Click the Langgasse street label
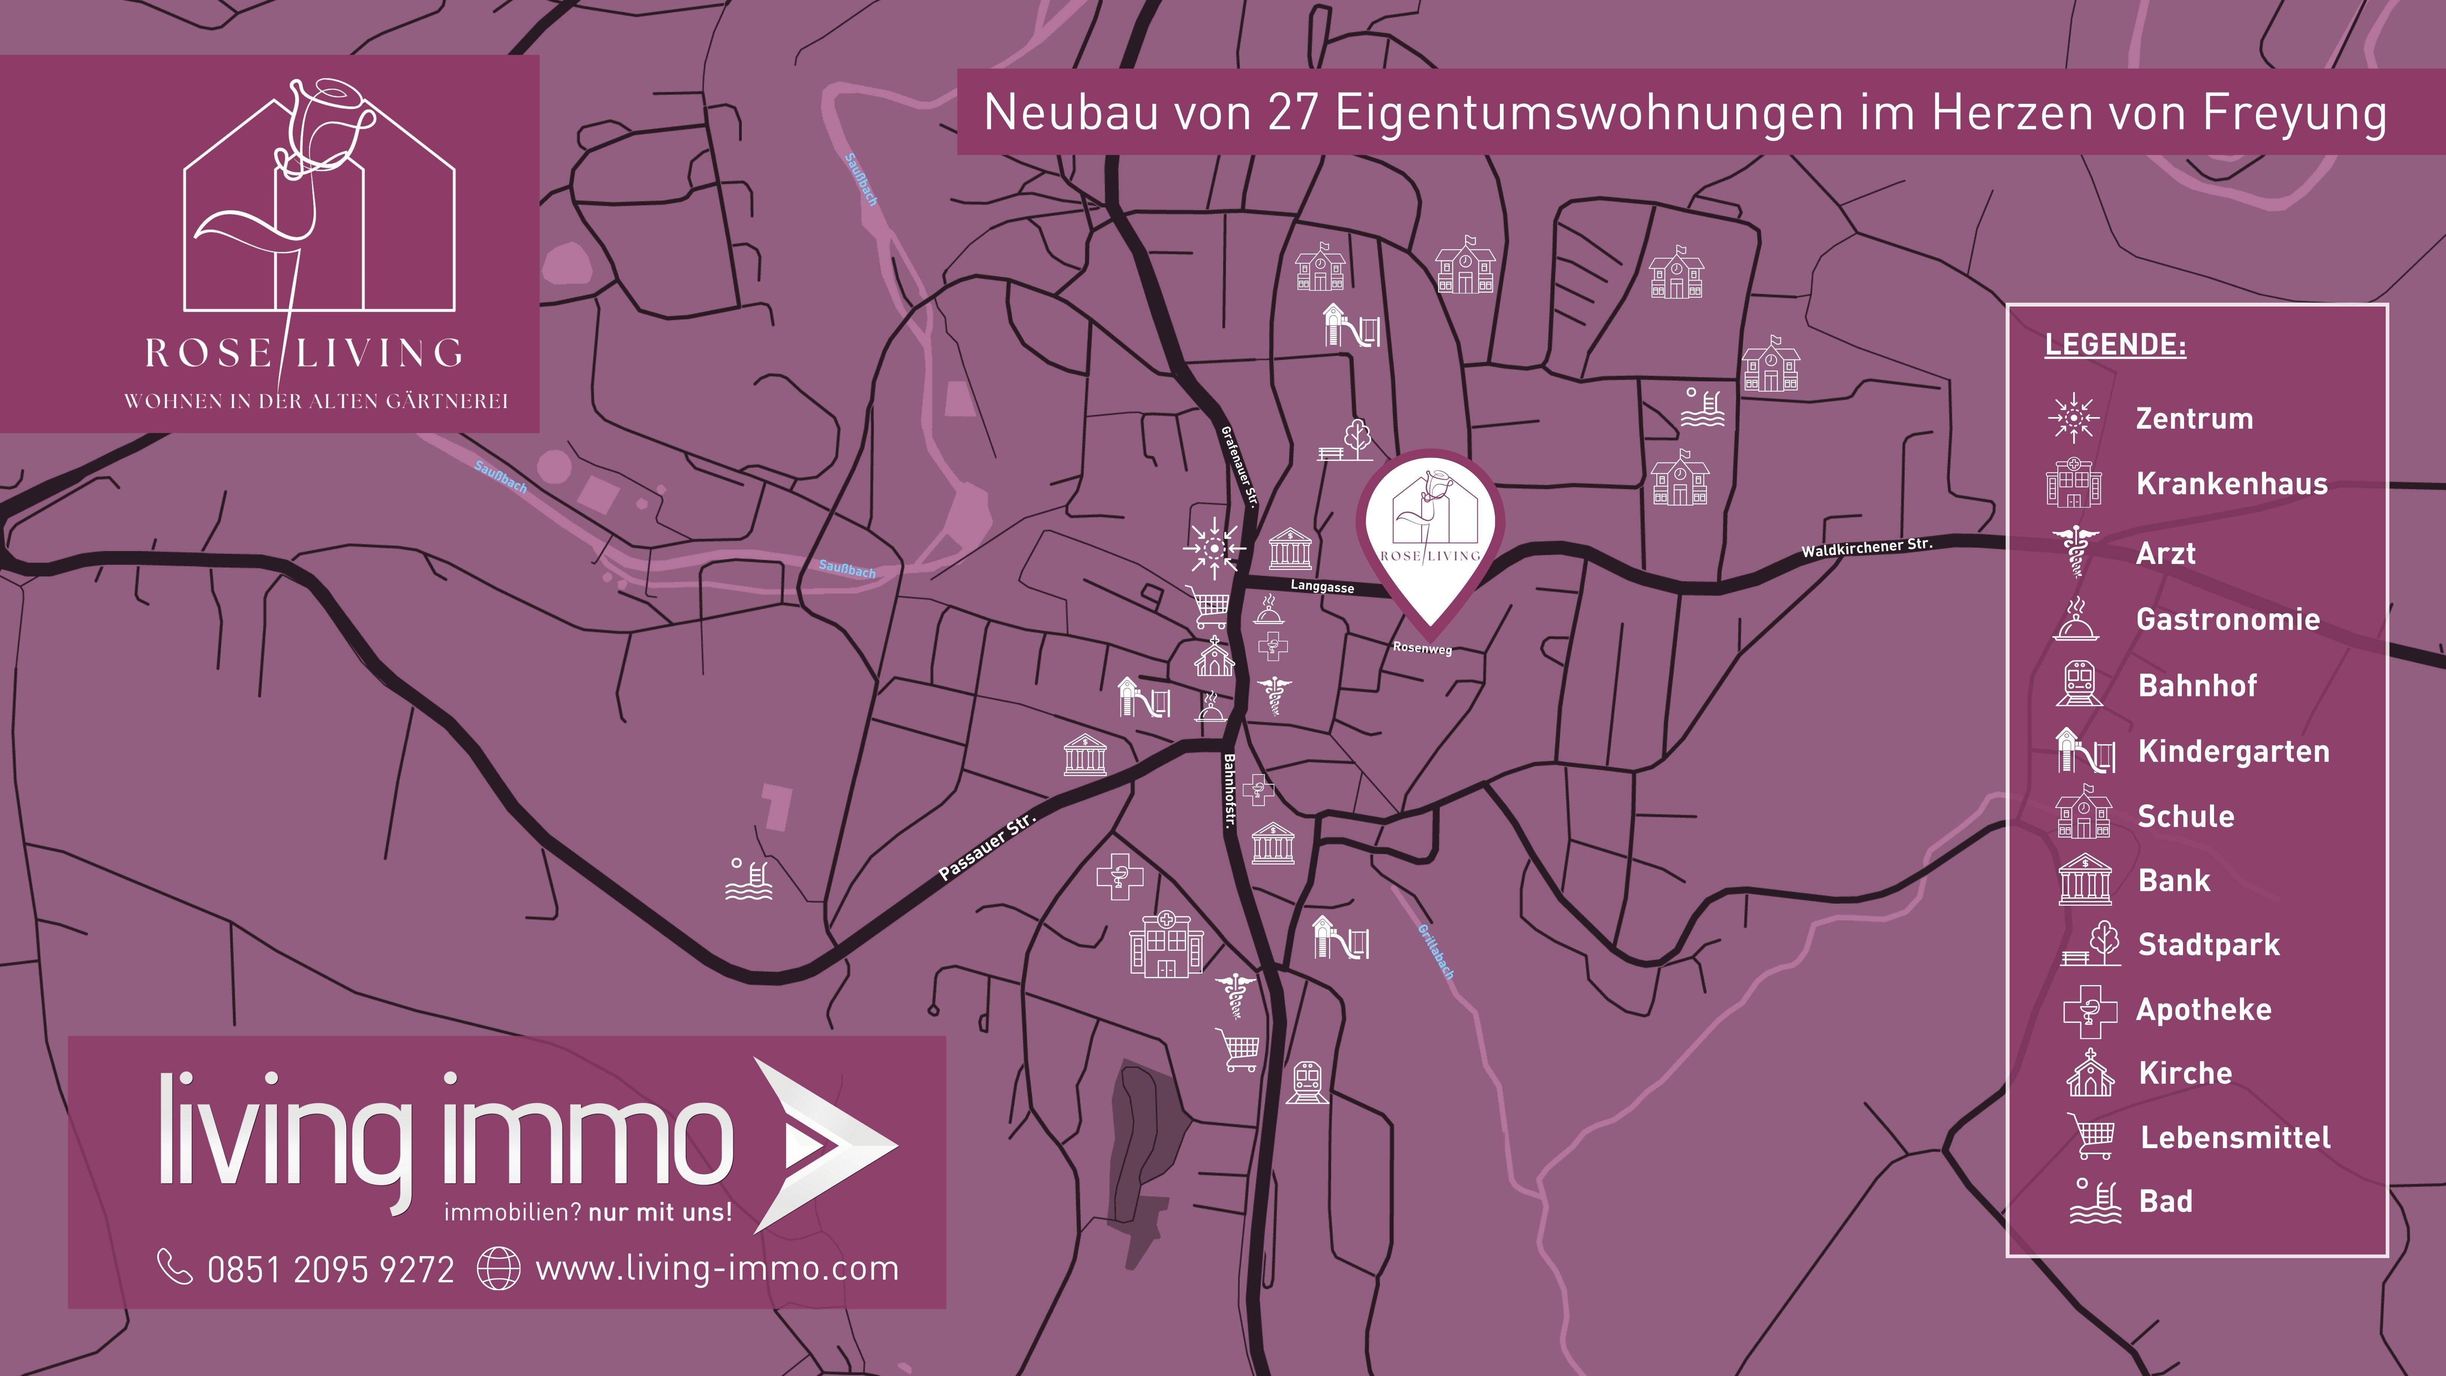click(1322, 587)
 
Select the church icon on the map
click(1214, 657)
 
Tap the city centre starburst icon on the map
click(1214, 548)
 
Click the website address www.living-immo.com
click(717, 1269)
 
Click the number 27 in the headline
click(1293, 113)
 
